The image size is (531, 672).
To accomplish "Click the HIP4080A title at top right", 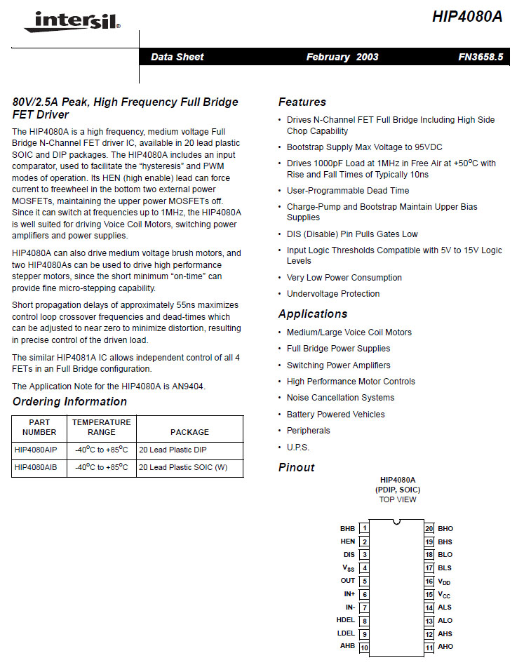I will (467, 18).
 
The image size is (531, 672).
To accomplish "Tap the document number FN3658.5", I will (480, 57).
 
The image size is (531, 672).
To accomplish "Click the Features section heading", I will (302, 102).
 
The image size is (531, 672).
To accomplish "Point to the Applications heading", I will (312, 314).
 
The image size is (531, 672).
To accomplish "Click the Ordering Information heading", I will (69, 401).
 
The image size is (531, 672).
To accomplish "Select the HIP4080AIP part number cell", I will (36, 449).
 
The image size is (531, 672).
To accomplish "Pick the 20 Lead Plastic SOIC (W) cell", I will (182, 467).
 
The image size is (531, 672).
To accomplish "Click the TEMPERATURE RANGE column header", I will (101, 427).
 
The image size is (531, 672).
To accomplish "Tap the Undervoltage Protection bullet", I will (333, 294).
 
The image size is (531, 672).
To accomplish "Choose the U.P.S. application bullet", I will (297, 448).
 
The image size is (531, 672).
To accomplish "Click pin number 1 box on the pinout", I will (364, 528).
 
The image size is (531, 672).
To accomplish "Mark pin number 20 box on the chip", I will (429, 528).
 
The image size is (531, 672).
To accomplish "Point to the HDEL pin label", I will (346, 620).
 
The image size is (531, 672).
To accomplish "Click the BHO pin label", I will (445, 528).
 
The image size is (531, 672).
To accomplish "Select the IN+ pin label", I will (349, 594).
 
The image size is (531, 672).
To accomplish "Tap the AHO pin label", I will (445, 647).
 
